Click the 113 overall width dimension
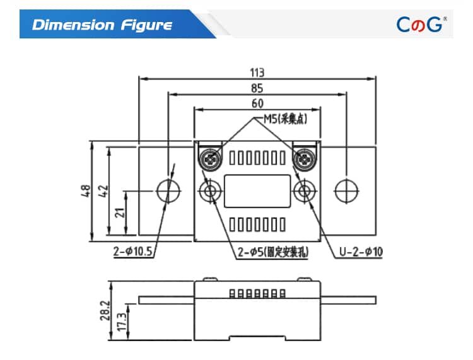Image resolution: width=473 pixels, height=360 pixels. coord(257,71)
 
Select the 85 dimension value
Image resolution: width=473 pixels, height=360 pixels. coord(257,88)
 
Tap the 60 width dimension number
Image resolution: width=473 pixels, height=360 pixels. coord(257,103)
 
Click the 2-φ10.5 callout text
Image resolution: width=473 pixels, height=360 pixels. coord(134,252)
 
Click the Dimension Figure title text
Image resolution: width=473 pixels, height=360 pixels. coord(102,25)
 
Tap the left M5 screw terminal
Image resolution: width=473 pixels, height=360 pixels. coord(209,158)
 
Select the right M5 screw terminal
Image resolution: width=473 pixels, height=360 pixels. coord(305,158)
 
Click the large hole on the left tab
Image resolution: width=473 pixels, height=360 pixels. coord(168,190)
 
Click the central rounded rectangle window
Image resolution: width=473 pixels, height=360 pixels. coord(257,190)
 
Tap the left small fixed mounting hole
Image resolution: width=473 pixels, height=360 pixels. coord(209,190)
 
